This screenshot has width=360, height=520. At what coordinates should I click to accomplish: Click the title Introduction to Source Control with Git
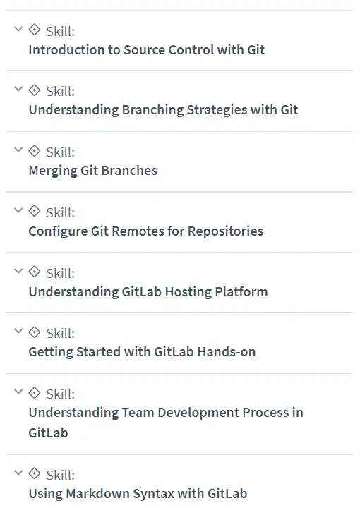(147, 50)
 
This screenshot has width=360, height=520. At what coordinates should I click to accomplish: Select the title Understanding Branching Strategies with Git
(163, 110)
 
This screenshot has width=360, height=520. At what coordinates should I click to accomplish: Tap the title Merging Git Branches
(93, 171)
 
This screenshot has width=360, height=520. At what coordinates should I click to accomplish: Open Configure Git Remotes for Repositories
(146, 231)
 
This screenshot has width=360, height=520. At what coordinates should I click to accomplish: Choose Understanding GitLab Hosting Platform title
(148, 292)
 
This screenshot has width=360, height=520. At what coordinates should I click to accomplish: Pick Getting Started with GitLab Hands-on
(142, 352)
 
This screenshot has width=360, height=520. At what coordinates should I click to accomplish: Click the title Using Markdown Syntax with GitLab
(138, 493)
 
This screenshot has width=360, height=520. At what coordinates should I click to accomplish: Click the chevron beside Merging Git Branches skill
(18, 150)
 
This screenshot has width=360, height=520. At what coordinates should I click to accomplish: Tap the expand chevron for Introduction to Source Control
(18, 29)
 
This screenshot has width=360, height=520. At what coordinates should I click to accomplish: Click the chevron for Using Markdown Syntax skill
(18, 473)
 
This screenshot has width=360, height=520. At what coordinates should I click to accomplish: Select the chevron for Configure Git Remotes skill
(18, 210)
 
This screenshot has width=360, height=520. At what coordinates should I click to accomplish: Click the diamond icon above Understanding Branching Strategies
(35, 90)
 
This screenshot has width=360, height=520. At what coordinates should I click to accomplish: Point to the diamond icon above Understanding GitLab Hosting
(35, 272)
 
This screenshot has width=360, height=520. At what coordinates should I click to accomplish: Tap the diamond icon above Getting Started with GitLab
(35, 332)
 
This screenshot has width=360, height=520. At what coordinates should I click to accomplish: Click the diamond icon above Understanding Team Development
(35, 393)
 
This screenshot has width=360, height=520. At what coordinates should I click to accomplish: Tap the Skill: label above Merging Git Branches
(61, 152)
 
